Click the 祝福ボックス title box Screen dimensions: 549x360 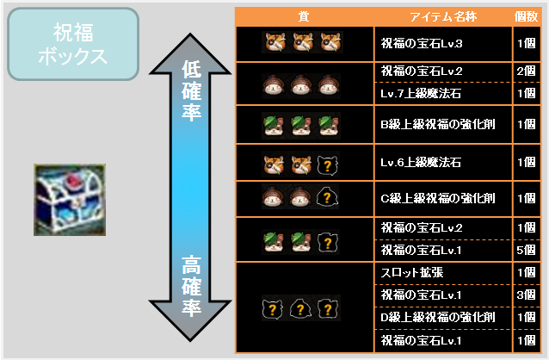[x=73, y=44]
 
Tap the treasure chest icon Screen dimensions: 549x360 [x=70, y=200]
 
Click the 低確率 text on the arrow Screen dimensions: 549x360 [x=191, y=90]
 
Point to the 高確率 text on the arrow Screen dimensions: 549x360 [x=191, y=287]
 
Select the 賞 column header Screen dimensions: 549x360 [x=304, y=16]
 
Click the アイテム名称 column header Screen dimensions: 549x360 [x=443, y=16]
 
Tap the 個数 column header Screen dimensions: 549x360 [x=527, y=16]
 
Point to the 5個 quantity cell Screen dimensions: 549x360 [x=527, y=251]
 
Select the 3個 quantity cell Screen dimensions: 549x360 [x=527, y=295]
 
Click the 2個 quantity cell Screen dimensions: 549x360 [x=527, y=71]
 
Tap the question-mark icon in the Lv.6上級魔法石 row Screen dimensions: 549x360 [x=328, y=164]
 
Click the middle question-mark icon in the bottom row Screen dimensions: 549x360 [x=300, y=308]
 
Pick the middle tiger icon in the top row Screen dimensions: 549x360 [x=303, y=42]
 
